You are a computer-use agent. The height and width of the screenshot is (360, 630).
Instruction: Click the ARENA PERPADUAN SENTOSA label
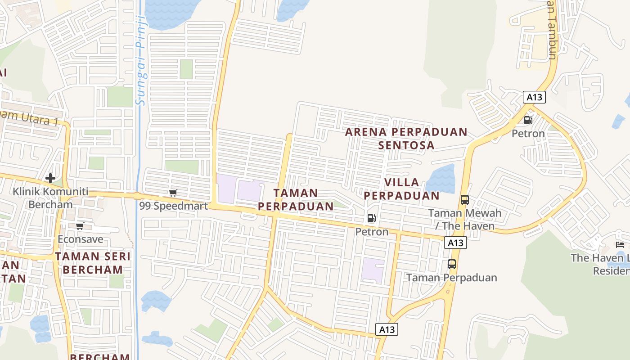tap(406, 139)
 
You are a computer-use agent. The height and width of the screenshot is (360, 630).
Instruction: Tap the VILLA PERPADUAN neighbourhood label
tap(401, 189)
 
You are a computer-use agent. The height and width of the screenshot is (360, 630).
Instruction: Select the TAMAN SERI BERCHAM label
tap(93, 263)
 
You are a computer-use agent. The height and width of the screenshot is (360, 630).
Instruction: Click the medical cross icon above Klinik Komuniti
tap(50, 178)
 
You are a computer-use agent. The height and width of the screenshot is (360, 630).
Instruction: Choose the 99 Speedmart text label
tap(173, 206)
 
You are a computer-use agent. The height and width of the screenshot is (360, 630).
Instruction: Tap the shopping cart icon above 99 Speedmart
tap(173, 193)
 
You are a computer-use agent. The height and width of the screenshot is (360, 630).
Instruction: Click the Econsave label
tap(81, 239)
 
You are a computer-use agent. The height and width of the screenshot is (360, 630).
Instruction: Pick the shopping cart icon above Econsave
tap(80, 226)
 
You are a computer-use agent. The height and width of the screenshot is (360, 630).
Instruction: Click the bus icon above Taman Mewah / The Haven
tap(465, 200)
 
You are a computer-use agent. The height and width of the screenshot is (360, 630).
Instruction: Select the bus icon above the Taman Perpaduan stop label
tap(452, 264)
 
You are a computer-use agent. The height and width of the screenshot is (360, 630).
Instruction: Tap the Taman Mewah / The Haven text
tap(464, 219)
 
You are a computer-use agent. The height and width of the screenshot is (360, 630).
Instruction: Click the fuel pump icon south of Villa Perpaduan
tap(372, 219)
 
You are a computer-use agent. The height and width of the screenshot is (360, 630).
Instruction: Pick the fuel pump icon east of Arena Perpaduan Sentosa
tap(528, 120)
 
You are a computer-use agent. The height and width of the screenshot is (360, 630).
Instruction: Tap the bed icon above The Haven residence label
tap(620, 245)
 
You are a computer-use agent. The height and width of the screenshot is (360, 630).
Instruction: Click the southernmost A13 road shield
tap(387, 329)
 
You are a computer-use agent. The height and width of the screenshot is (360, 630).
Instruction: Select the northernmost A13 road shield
tap(534, 97)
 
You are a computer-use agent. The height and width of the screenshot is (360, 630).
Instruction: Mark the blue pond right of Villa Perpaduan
tap(440, 179)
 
